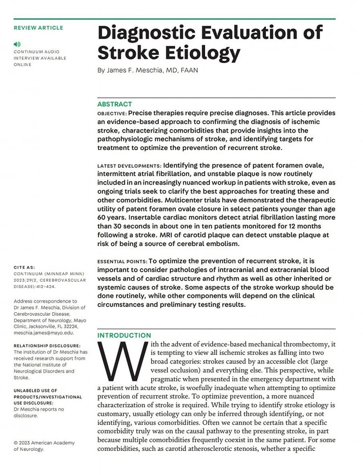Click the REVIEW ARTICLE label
[38, 28]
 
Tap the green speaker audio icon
[17, 45]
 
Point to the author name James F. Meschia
[136, 70]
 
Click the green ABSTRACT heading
[114, 104]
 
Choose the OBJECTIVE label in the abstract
[112, 113]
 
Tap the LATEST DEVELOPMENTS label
[129, 166]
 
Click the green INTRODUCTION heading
[124, 335]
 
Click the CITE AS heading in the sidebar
[24, 267]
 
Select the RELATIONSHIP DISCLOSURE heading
[47, 345]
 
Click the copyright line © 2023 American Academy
[44, 443]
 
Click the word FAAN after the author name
[189, 70]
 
